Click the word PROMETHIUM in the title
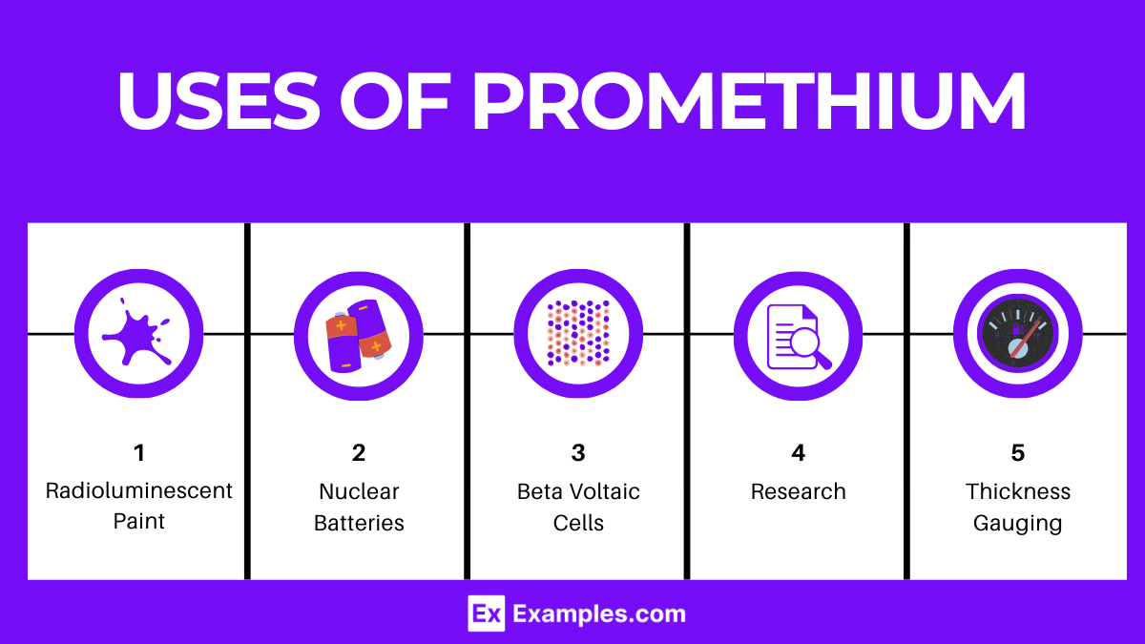(x=749, y=100)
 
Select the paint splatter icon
(x=138, y=334)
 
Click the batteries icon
(x=359, y=334)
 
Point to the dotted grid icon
(x=578, y=334)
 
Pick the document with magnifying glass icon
(x=799, y=334)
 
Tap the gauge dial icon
(x=1018, y=334)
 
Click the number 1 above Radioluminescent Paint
(x=139, y=452)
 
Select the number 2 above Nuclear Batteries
(x=359, y=452)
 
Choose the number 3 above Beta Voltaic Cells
(x=578, y=452)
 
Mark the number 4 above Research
(x=799, y=452)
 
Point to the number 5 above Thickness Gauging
(x=1018, y=452)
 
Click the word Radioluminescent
(x=139, y=491)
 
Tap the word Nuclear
(x=359, y=491)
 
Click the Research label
(x=799, y=491)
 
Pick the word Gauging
(x=1018, y=524)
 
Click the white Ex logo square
(x=486, y=613)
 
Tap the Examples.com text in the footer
(x=599, y=613)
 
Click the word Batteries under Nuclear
(x=359, y=524)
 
